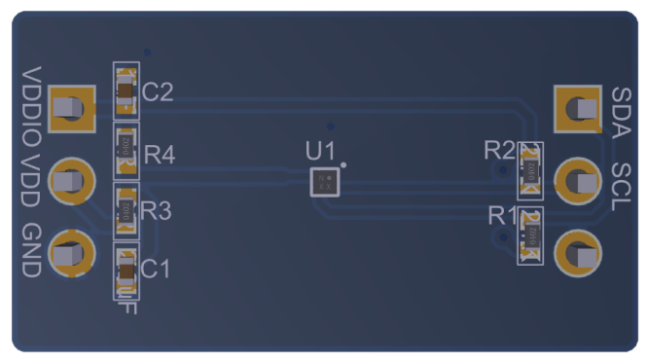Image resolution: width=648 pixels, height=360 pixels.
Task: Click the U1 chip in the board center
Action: [x=325, y=182]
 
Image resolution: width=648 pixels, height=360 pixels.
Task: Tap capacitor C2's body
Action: [x=126, y=92]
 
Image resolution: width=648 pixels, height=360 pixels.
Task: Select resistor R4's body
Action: [x=126, y=147]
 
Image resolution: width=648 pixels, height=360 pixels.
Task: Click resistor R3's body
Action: [x=126, y=207]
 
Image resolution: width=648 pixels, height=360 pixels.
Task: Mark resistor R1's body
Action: [x=530, y=234]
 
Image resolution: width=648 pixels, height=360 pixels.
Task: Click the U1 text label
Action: [x=319, y=152]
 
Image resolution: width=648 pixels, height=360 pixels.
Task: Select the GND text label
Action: [x=32, y=252]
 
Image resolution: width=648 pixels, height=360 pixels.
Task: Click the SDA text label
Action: [x=621, y=107]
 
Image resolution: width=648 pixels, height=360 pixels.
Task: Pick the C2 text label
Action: [x=158, y=93]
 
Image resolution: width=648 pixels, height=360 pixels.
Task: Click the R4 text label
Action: [x=160, y=155]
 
